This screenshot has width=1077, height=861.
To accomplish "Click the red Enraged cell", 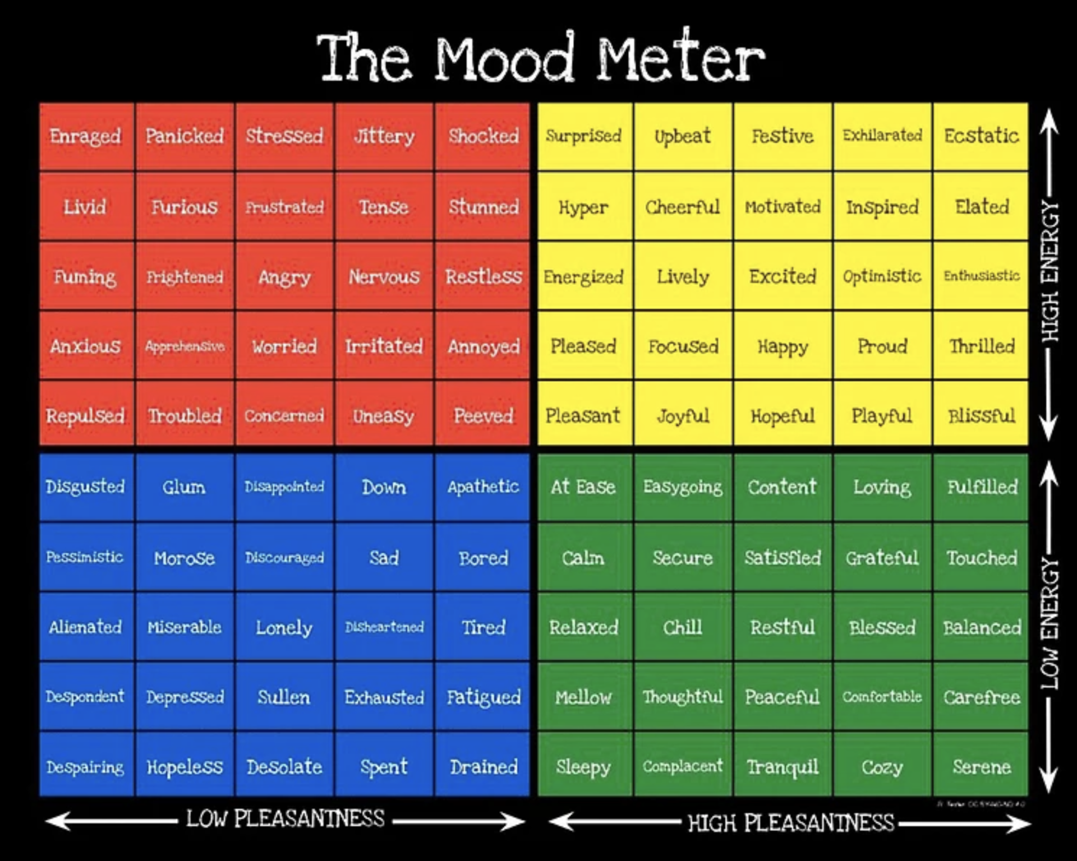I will point(86,136).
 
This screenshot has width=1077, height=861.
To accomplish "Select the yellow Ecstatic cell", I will point(981,136).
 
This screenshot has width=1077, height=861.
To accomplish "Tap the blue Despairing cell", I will point(86,766).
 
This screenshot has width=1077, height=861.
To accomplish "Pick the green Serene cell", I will point(981,766).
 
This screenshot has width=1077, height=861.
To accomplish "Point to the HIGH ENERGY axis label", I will point(1050,272).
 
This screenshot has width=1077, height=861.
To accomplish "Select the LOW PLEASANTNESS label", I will point(286,819).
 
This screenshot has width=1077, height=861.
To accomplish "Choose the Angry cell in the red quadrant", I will point(284,276).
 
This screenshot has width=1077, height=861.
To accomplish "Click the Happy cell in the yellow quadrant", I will point(783,346).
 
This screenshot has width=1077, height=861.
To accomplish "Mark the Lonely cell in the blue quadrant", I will point(284,627).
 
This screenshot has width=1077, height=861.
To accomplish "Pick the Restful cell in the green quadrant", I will point(783,627).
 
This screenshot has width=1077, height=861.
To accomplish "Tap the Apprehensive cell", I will point(185,346).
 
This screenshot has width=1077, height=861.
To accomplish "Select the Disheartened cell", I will point(384,627).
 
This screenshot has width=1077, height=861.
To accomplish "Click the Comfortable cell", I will point(882,697).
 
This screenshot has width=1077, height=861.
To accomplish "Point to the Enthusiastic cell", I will point(981,276).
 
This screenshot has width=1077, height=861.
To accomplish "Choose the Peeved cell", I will point(483,415).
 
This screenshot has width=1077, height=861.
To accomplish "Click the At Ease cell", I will point(583,487).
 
